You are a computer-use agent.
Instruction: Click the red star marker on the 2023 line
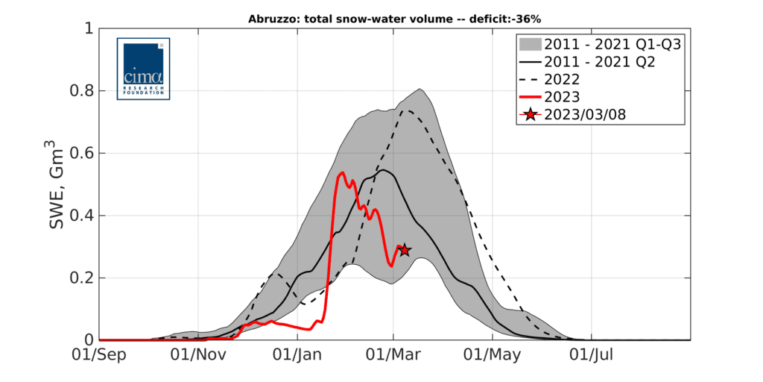(404, 250)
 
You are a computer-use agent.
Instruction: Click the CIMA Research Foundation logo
(143, 69)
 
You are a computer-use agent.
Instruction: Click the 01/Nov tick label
(198, 357)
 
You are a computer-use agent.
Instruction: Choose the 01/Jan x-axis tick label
(297, 357)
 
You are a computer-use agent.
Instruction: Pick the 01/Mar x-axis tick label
(393, 357)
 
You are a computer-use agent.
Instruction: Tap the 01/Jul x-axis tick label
(591, 357)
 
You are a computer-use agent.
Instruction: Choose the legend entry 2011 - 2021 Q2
(600, 62)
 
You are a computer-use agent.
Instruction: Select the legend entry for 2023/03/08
(592, 114)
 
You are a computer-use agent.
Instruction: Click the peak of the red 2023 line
(342, 172)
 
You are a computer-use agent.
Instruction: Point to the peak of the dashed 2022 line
(407, 110)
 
